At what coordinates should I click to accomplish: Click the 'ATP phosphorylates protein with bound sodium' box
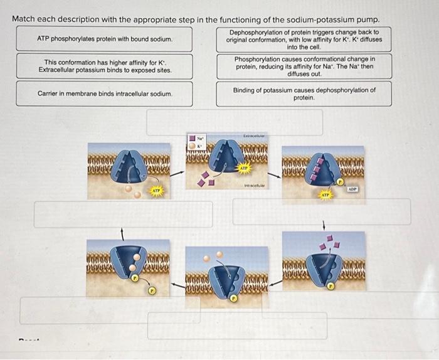point(104,39)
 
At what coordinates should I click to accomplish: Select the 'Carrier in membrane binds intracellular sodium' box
point(104,93)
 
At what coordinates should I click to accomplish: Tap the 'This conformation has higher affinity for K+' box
point(104,66)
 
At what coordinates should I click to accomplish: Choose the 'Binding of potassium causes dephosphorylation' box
point(304,93)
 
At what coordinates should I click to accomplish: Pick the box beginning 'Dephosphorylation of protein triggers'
point(304,39)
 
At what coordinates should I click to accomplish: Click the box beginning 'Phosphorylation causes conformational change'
point(304,66)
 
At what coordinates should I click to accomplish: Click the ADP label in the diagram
point(352,188)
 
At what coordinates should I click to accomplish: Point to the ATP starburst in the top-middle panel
point(243,168)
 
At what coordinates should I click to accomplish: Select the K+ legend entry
point(196,146)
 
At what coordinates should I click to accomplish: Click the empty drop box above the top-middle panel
point(235,122)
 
